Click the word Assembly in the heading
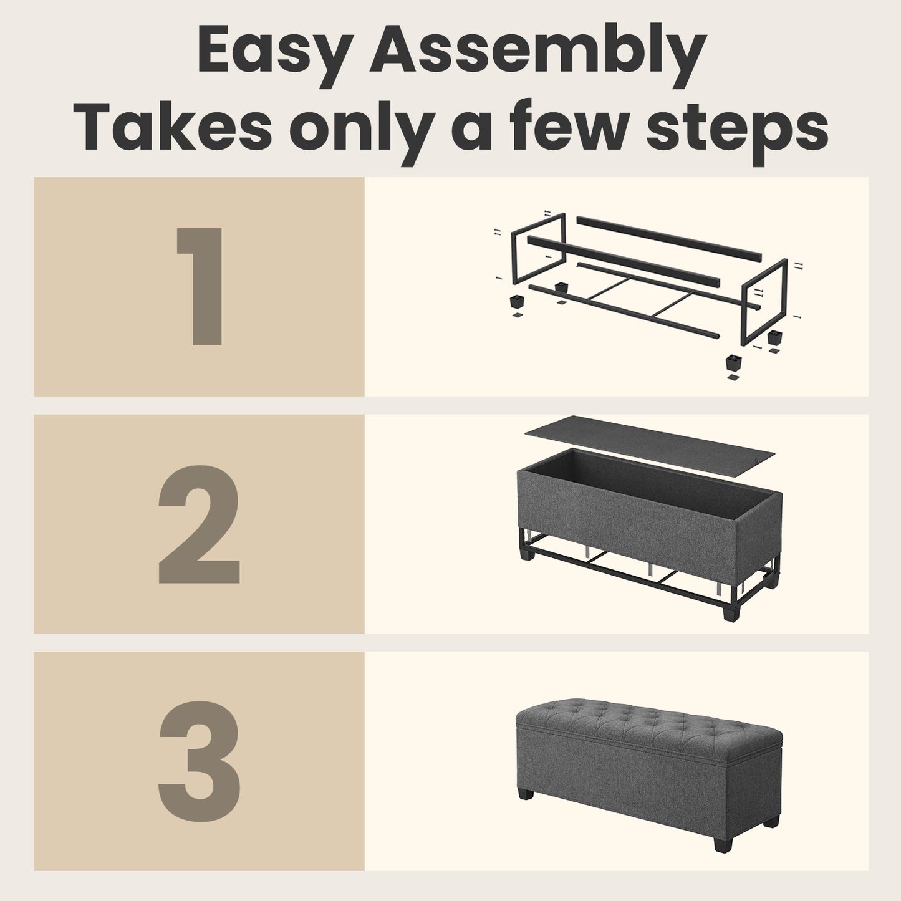537,50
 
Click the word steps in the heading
737,131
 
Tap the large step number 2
199,524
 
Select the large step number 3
199,761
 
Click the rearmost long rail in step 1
668,238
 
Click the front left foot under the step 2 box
528,554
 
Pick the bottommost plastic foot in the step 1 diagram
734,362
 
